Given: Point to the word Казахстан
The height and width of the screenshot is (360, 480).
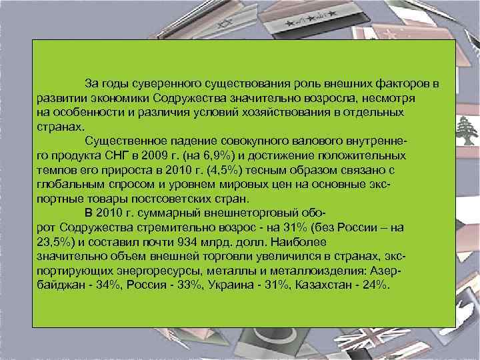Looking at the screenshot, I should point(329,285).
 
